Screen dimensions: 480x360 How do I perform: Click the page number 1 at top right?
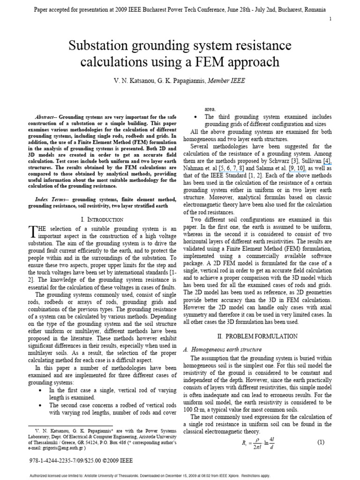tap(331, 19)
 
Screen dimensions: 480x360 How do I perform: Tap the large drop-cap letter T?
tap(33, 232)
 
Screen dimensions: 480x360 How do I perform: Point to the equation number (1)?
tap(321, 442)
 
